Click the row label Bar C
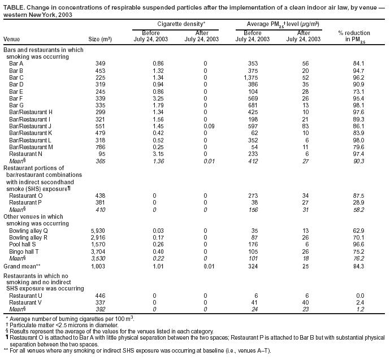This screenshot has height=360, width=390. (16, 78)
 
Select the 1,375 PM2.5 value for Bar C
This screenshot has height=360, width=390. (253, 78)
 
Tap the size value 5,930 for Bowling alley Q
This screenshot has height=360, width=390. (101, 231)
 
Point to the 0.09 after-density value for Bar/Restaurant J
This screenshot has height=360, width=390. (205, 125)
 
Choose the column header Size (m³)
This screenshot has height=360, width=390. (100, 40)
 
